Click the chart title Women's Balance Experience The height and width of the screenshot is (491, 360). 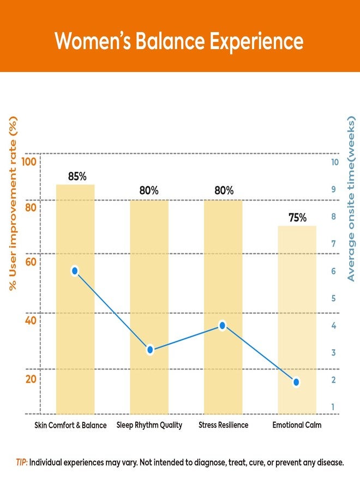[179, 41]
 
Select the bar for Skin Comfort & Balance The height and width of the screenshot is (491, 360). [75, 299]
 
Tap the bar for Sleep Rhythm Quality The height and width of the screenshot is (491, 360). [149, 307]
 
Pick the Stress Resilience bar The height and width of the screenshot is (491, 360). [223, 307]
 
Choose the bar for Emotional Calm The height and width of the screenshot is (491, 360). [297, 320]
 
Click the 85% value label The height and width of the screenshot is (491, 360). [77, 177]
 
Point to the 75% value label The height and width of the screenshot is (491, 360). [297, 218]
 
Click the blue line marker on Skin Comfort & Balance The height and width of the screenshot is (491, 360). [75, 271]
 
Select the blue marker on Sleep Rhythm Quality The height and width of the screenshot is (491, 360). [150, 350]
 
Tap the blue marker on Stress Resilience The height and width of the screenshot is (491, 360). [222, 326]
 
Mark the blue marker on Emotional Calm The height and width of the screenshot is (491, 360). [296, 382]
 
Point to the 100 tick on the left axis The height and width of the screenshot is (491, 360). [29, 162]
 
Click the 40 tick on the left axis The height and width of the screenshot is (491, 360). [31, 320]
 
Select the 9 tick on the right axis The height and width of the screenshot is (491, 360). [334, 189]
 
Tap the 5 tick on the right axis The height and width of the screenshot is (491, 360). [334, 298]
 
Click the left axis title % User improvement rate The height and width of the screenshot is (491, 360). [13, 203]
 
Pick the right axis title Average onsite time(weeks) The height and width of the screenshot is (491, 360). [351, 199]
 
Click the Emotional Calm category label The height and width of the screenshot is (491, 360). [297, 425]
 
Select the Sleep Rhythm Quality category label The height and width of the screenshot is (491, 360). [149, 425]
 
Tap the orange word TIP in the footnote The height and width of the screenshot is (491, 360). [22, 463]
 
